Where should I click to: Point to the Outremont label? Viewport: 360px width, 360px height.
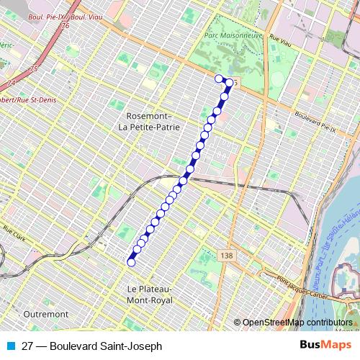pyautogui.click(x=45, y=315)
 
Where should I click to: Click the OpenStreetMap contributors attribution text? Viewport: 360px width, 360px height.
pyautogui.click(x=297, y=322)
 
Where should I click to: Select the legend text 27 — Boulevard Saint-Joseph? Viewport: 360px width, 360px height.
pyautogui.click(x=87, y=346)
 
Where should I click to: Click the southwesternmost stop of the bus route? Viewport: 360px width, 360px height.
pyautogui.click(x=131, y=263)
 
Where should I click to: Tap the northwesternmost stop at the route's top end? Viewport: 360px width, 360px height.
pyautogui.click(x=219, y=78)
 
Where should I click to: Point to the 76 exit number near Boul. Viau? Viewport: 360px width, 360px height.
pyautogui.click(x=66, y=25)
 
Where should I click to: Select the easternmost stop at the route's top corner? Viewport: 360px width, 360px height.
pyautogui.click(x=229, y=82)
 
